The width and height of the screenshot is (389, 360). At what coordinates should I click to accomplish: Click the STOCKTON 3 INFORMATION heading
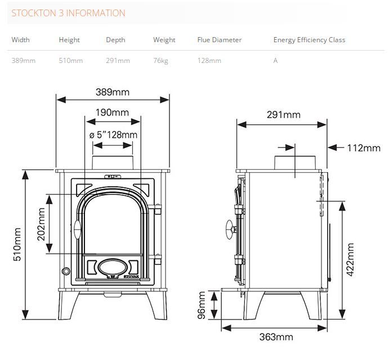click(x=68, y=13)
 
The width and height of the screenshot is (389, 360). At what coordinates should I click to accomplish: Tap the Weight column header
click(x=164, y=40)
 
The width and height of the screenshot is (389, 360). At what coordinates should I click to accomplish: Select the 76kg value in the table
click(x=160, y=61)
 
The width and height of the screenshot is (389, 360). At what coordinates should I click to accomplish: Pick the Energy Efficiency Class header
click(x=310, y=40)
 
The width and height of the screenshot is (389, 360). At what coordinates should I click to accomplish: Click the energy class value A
click(x=275, y=61)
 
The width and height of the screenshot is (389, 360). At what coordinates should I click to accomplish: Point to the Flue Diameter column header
click(x=220, y=40)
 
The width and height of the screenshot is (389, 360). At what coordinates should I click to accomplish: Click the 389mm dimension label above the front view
click(x=113, y=92)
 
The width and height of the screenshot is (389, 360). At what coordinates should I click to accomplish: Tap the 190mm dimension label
click(x=112, y=112)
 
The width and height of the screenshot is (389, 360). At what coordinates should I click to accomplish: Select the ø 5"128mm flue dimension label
click(x=113, y=135)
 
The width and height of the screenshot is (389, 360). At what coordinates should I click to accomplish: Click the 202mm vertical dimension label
click(x=41, y=224)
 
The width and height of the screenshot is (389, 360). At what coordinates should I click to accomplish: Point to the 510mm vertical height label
click(x=17, y=244)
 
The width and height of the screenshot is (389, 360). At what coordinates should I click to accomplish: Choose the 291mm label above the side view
click(x=284, y=115)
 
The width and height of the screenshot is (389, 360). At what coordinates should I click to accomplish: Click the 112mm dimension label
click(x=364, y=148)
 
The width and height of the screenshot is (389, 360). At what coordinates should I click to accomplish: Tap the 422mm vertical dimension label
click(x=350, y=259)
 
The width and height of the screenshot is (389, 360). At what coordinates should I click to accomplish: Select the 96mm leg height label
click(x=202, y=305)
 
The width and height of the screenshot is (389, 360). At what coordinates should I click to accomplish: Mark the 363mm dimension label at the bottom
click(x=276, y=337)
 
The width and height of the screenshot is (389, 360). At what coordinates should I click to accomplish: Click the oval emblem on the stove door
click(x=113, y=268)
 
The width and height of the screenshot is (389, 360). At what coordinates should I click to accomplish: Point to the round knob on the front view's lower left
click(x=66, y=271)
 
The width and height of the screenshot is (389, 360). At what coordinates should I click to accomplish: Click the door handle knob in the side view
click(x=230, y=229)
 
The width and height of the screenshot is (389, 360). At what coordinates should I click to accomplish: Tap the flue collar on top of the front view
click(x=113, y=163)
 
